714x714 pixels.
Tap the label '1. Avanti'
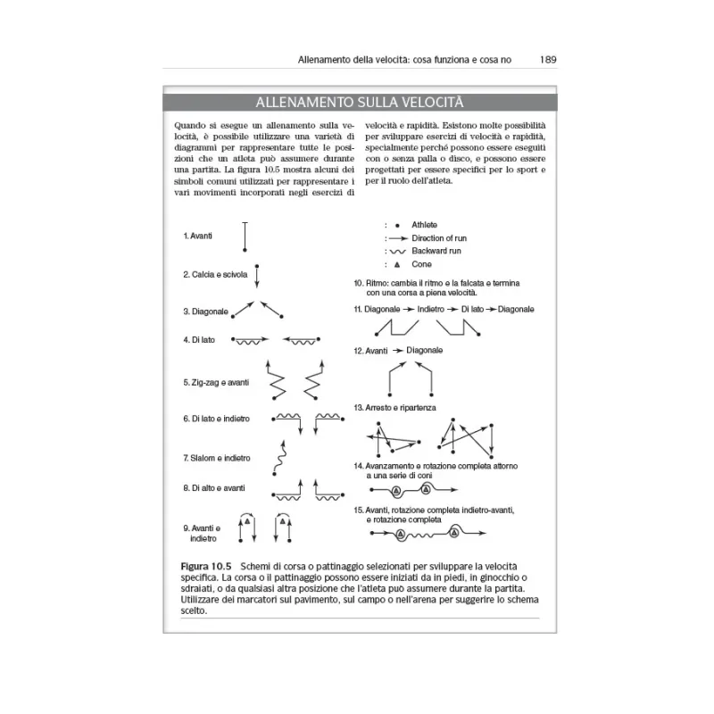tap(197, 236)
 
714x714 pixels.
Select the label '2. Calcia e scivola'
tap(215, 274)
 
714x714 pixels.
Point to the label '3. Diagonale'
tap(205, 311)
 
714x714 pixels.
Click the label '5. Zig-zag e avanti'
tap(216, 382)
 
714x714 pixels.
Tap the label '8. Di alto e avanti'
tap(214, 488)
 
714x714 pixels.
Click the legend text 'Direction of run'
tap(439, 238)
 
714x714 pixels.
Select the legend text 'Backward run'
tap(435, 252)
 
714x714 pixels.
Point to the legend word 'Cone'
tap(421, 265)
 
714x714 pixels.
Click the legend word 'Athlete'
tap(425, 225)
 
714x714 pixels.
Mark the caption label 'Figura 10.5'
tap(206, 567)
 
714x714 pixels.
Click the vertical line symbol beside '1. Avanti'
tap(245, 237)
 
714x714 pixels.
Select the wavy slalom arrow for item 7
tap(280, 457)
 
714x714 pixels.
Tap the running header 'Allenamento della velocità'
tap(350, 61)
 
